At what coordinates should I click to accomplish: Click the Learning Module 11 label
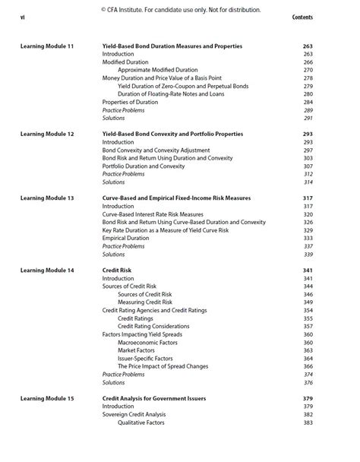(47, 46)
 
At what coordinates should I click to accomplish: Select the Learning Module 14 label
(47, 270)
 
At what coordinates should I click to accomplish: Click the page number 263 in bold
(308, 46)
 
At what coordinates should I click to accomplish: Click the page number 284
(308, 102)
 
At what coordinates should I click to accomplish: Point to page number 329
(308, 230)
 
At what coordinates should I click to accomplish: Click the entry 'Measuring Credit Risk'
(145, 302)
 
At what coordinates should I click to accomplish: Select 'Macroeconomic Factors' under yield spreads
(147, 342)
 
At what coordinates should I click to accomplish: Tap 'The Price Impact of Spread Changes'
(163, 365)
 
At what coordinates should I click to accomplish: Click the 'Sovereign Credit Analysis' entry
(135, 414)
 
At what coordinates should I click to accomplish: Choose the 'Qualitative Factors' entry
(141, 422)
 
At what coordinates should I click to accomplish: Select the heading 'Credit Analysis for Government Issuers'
(154, 398)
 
